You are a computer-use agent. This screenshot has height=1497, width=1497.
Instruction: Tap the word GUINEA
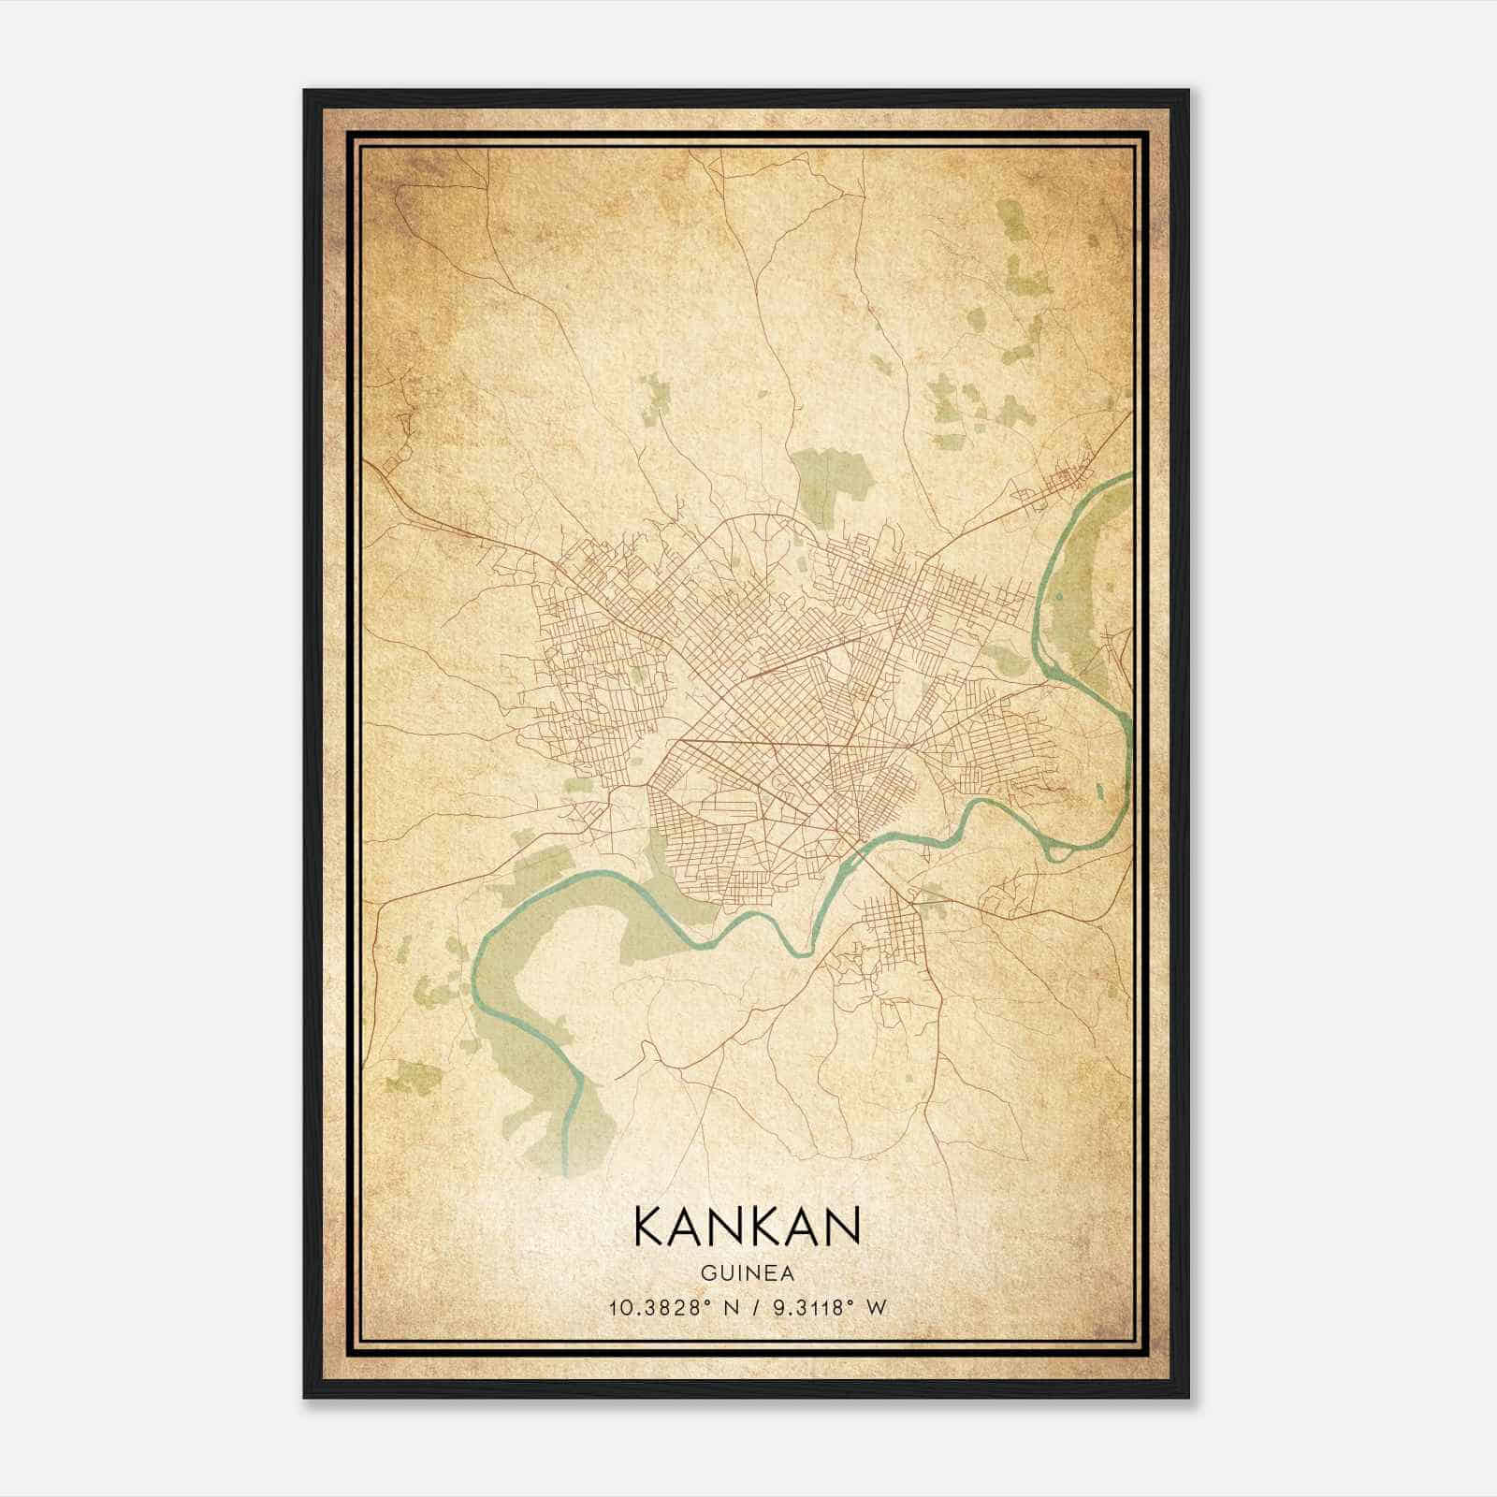[x=746, y=1273]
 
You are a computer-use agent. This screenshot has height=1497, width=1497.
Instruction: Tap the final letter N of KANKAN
[x=843, y=1225]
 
